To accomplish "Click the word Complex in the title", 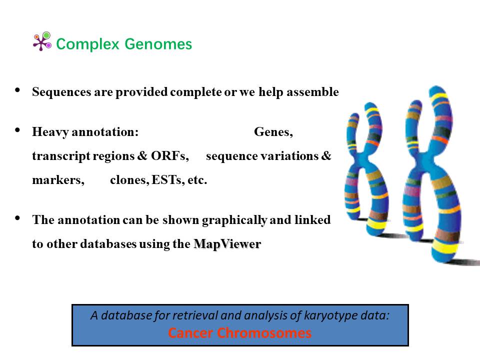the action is (x=87, y=44).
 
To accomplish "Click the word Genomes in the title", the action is (x=158, y=44).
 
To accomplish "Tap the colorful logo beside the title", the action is (x=42, y=41).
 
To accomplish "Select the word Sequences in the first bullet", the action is (x=61, y=92).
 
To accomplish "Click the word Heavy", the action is (x=50, y=132).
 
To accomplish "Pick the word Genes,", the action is (x=273, y=132).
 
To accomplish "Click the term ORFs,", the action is (x=170, y=156).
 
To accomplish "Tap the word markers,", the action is (x=58, y=180).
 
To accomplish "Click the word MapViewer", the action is (x=227, y=244).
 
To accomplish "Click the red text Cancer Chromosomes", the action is (x=239, y=333).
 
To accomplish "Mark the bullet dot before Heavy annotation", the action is (x=17, y=130).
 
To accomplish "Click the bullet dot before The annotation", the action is (x=17, y=218).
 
